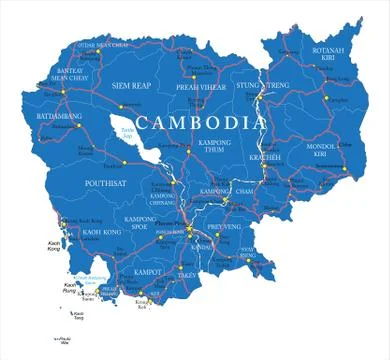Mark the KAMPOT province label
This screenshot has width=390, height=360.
[x=146, y=270]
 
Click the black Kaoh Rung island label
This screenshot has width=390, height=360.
[x=71, y=290]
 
